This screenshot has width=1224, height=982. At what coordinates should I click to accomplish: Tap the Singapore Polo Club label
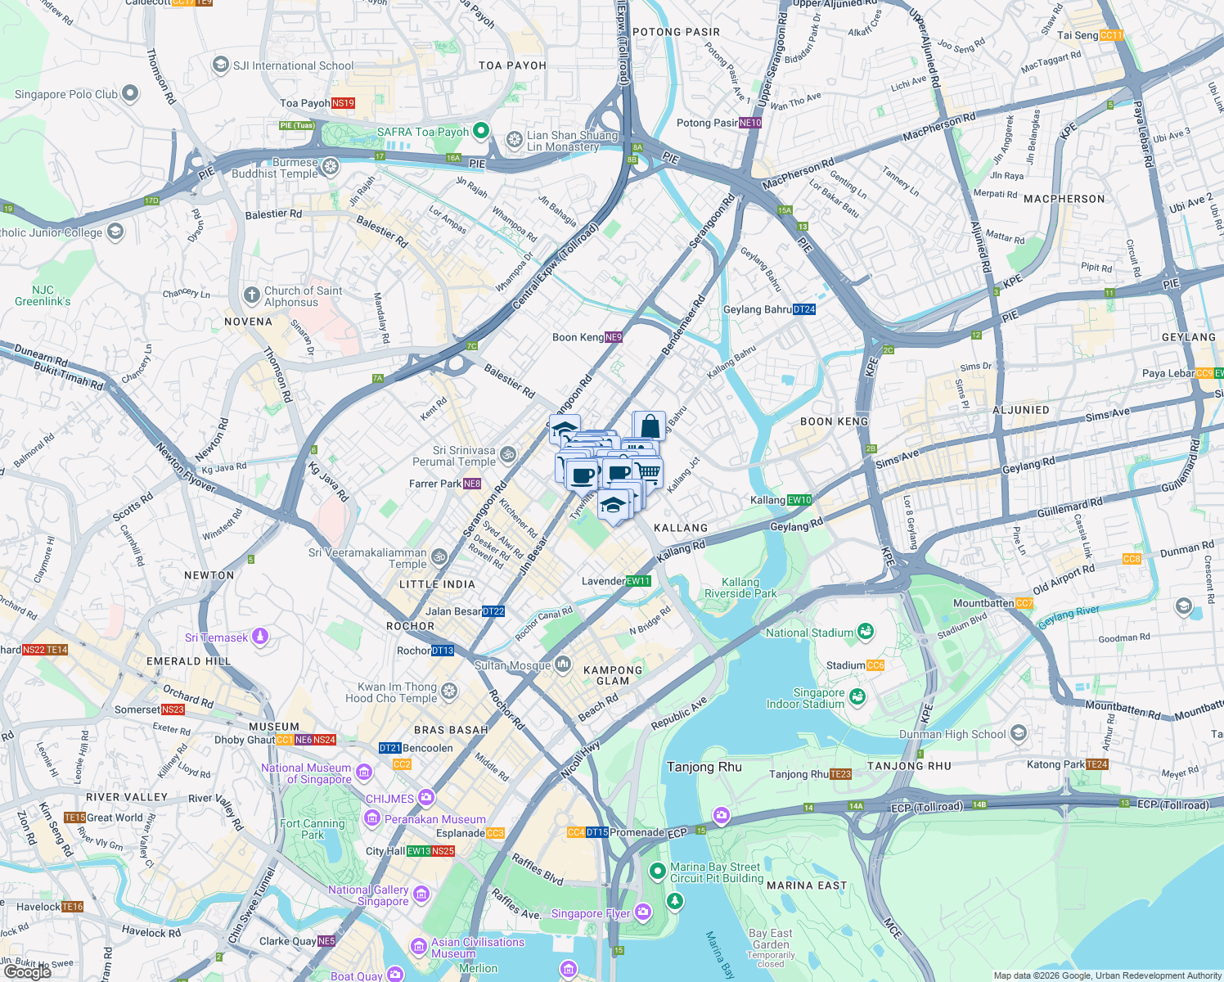click(x=66, y=94)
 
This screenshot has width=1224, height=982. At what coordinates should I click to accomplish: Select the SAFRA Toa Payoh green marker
click(x=481, y=131)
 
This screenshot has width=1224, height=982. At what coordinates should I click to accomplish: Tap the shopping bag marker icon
click(x=650, y=426)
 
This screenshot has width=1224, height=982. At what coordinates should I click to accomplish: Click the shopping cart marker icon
click(x=648, y=471)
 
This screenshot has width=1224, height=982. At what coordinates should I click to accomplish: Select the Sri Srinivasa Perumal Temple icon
click(x=507, y=454)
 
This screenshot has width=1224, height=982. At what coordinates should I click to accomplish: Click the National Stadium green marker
click(x=865, y=632)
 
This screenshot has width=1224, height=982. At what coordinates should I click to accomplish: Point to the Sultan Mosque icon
click(x=562, y=664)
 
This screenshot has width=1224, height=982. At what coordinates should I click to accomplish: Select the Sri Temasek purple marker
click(x=260, y=636)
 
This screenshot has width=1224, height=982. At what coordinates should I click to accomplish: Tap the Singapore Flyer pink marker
click(x=642, y=911)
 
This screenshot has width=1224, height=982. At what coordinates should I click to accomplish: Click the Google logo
click(x=27, y=971)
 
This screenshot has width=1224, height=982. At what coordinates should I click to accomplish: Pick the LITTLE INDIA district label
click(x=437, y=584)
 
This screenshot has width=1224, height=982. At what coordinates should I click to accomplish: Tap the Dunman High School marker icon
click(x=1019, y=732)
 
